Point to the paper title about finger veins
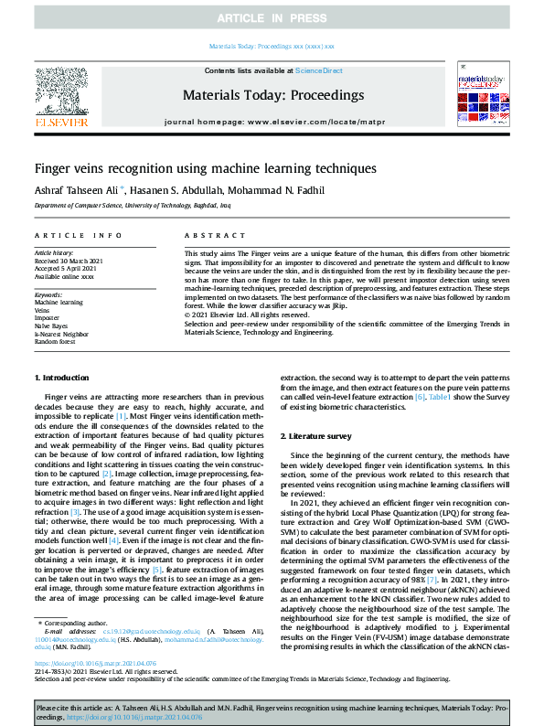(193, 169)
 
